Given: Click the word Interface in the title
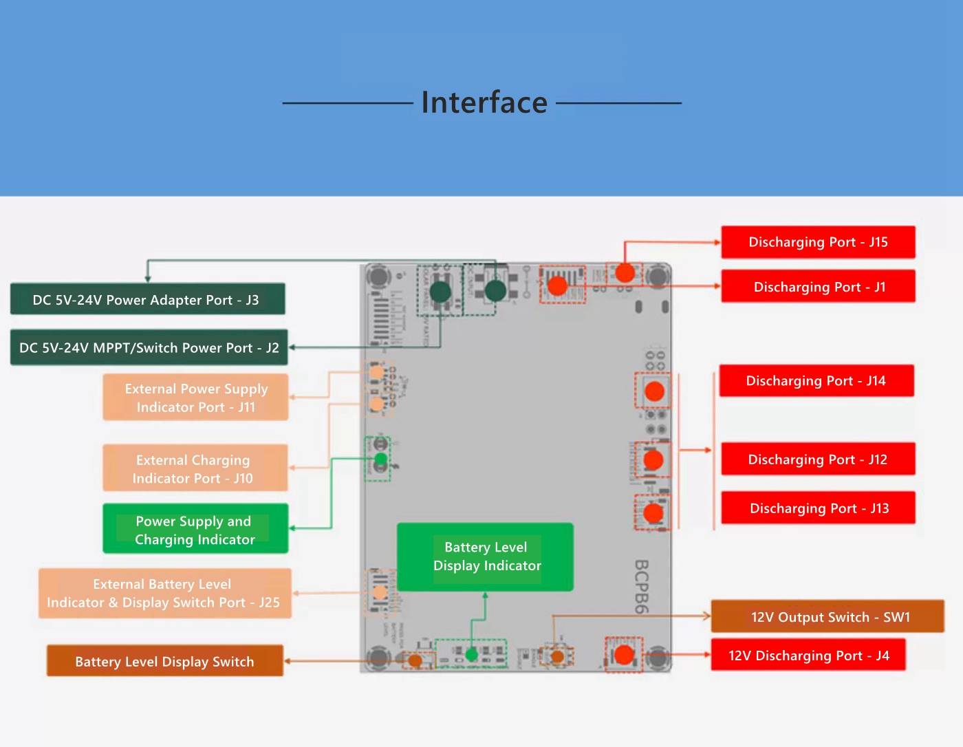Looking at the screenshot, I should [x=484, y=102].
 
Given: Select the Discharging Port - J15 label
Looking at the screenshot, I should [x=818, y=242].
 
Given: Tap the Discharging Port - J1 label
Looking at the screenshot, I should [x=818, y=287].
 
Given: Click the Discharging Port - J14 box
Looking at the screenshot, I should [x=816, y=381].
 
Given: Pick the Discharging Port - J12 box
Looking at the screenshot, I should [x=818, y=459].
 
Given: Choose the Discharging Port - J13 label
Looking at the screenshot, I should [x=818, y=508].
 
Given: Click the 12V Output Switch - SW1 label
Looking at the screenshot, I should [x=827, y=617].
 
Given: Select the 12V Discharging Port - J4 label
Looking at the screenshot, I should [x=808, y=656].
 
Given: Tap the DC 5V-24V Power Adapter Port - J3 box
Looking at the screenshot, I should [x=147, y=300].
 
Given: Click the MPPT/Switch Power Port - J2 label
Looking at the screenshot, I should [x=149, y=348].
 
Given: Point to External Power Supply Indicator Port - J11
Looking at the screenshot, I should [x=195, y=398].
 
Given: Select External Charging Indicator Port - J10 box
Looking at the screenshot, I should [x=195, y=468].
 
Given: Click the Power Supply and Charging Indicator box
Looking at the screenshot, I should [x=195, y=530].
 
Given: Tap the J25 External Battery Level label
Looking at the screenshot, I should [x=164, y=593].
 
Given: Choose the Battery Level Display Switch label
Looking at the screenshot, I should [x=164, y=661].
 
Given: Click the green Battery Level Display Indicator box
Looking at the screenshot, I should [x=486, y=556].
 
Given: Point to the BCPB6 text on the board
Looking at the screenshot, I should [x=641, y=586].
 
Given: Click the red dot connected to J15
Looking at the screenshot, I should [x=625, y=272].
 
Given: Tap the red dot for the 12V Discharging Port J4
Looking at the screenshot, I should [x=624, y=655].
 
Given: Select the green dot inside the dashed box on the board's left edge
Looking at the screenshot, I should [x=380, y=458].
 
